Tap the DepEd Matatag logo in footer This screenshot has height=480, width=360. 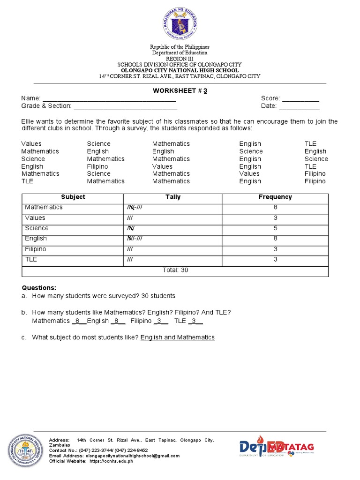pos(277,448)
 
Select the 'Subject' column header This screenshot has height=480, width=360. pos(73,197)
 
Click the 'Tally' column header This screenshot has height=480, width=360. pos(173,197)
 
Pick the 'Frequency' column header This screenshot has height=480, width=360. pos(275,197)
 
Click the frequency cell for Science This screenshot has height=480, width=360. pos(275,228)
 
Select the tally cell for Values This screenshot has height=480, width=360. pos(173,218)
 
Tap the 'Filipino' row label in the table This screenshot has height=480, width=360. pos(36,249)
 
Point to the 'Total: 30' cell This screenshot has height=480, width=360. pos(175,270)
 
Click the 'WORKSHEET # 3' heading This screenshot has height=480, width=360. pos(180,91)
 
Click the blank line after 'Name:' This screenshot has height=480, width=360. pos(109,98)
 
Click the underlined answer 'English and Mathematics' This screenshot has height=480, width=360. pos(177,337)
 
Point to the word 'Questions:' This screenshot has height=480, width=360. pos(39,288)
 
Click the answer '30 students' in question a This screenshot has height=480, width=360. pos(157,296)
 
